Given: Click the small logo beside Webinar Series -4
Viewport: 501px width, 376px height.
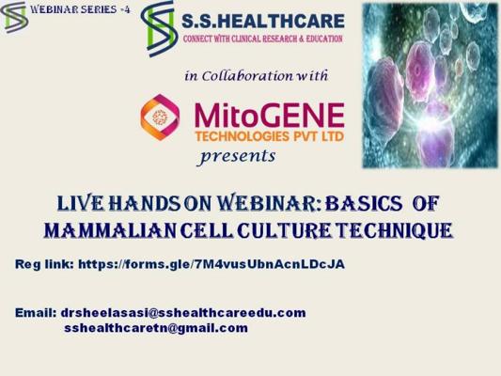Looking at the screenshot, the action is [14, 17].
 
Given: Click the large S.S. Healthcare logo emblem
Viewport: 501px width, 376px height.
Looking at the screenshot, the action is [159, 29].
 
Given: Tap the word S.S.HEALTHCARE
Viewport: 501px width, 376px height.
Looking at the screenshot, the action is [263, 21].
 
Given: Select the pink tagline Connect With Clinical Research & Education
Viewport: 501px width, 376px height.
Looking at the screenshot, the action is [262, 39].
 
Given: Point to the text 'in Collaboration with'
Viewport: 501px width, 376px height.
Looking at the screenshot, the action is [257, 76].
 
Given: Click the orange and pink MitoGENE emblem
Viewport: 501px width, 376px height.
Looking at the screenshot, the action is [160, 117].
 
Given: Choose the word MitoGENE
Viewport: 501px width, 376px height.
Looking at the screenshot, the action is [269, 115].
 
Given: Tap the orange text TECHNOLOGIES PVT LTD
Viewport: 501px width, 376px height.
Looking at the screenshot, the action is [270, 136].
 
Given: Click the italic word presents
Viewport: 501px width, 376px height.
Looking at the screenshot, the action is [237, 157].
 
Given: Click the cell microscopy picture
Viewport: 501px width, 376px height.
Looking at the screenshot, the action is [431, 86].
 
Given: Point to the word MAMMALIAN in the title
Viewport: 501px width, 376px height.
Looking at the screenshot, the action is [110, 230].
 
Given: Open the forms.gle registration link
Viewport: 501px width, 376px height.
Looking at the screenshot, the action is [211, 264].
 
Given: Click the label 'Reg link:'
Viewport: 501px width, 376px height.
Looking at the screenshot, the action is [45, 265].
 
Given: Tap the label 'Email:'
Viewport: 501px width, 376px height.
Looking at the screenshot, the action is [36, 313].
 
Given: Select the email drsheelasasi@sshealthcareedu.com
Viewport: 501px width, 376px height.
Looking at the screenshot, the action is [183, 313].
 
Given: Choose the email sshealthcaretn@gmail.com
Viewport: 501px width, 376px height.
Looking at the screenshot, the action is [156, 328].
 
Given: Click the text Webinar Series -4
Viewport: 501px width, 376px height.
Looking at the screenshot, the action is [80, 9].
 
